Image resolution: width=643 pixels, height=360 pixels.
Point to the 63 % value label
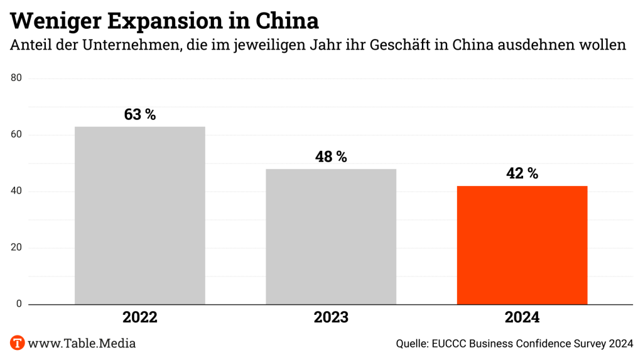139,115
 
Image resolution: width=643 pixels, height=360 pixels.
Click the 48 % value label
331,157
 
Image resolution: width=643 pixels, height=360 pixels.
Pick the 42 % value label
522,174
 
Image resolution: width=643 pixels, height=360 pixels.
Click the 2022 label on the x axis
139,318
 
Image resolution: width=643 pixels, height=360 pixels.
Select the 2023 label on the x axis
331,318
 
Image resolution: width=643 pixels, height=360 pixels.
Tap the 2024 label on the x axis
522,318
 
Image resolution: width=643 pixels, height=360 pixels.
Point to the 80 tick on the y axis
16,79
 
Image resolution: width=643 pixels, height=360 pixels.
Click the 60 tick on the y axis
16,135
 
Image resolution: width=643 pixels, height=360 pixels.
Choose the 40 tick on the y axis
16,192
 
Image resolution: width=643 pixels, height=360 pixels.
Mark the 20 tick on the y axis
16,248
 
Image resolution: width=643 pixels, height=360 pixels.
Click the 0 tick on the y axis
19,304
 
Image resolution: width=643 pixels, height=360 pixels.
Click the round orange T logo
17,343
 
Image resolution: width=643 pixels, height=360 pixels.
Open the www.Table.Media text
82,344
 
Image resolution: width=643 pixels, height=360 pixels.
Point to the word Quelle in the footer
412,344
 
